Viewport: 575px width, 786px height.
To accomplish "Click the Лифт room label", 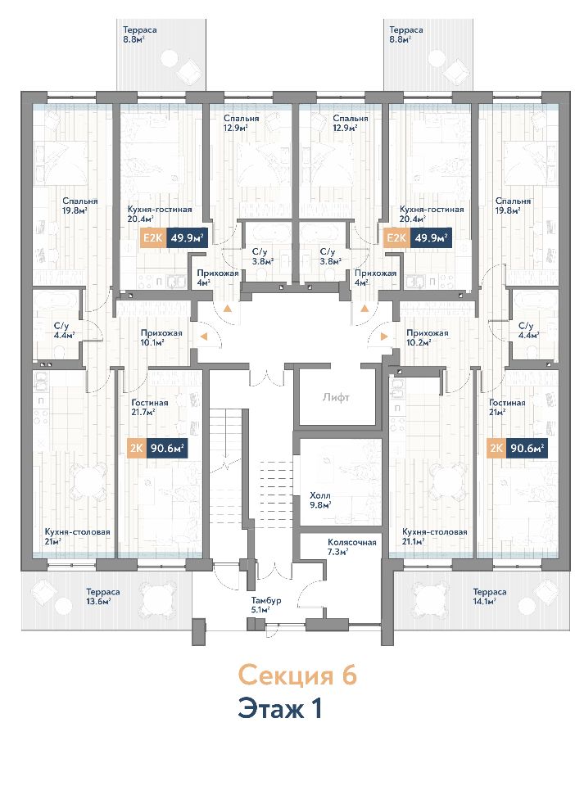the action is [336, 398].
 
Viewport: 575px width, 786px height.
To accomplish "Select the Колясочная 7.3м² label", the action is [352, 546].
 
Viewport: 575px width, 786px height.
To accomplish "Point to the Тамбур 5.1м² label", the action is [266, 605].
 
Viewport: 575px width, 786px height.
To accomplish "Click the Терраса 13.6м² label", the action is [102, 597].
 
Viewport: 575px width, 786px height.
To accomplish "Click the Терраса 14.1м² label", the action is [489, 597].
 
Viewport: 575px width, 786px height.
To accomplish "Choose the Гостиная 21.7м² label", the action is [149, 407].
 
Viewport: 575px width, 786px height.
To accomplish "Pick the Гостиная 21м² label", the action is [507, 407].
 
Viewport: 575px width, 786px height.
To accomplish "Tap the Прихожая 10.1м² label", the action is [161, 337].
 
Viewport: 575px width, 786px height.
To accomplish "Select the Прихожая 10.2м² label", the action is [427, 337].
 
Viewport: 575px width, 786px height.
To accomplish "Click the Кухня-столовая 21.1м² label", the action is [435, 536].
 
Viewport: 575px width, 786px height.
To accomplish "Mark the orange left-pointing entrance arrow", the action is [204, 337].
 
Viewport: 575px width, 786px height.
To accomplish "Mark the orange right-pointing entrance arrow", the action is [384, 337].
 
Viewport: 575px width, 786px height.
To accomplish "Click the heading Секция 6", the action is [297, 675].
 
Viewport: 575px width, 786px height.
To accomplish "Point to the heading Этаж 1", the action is [280, 709].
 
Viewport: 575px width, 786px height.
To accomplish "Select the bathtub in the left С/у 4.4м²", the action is [56, 302].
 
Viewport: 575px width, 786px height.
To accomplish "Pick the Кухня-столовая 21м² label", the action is [77, 536].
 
